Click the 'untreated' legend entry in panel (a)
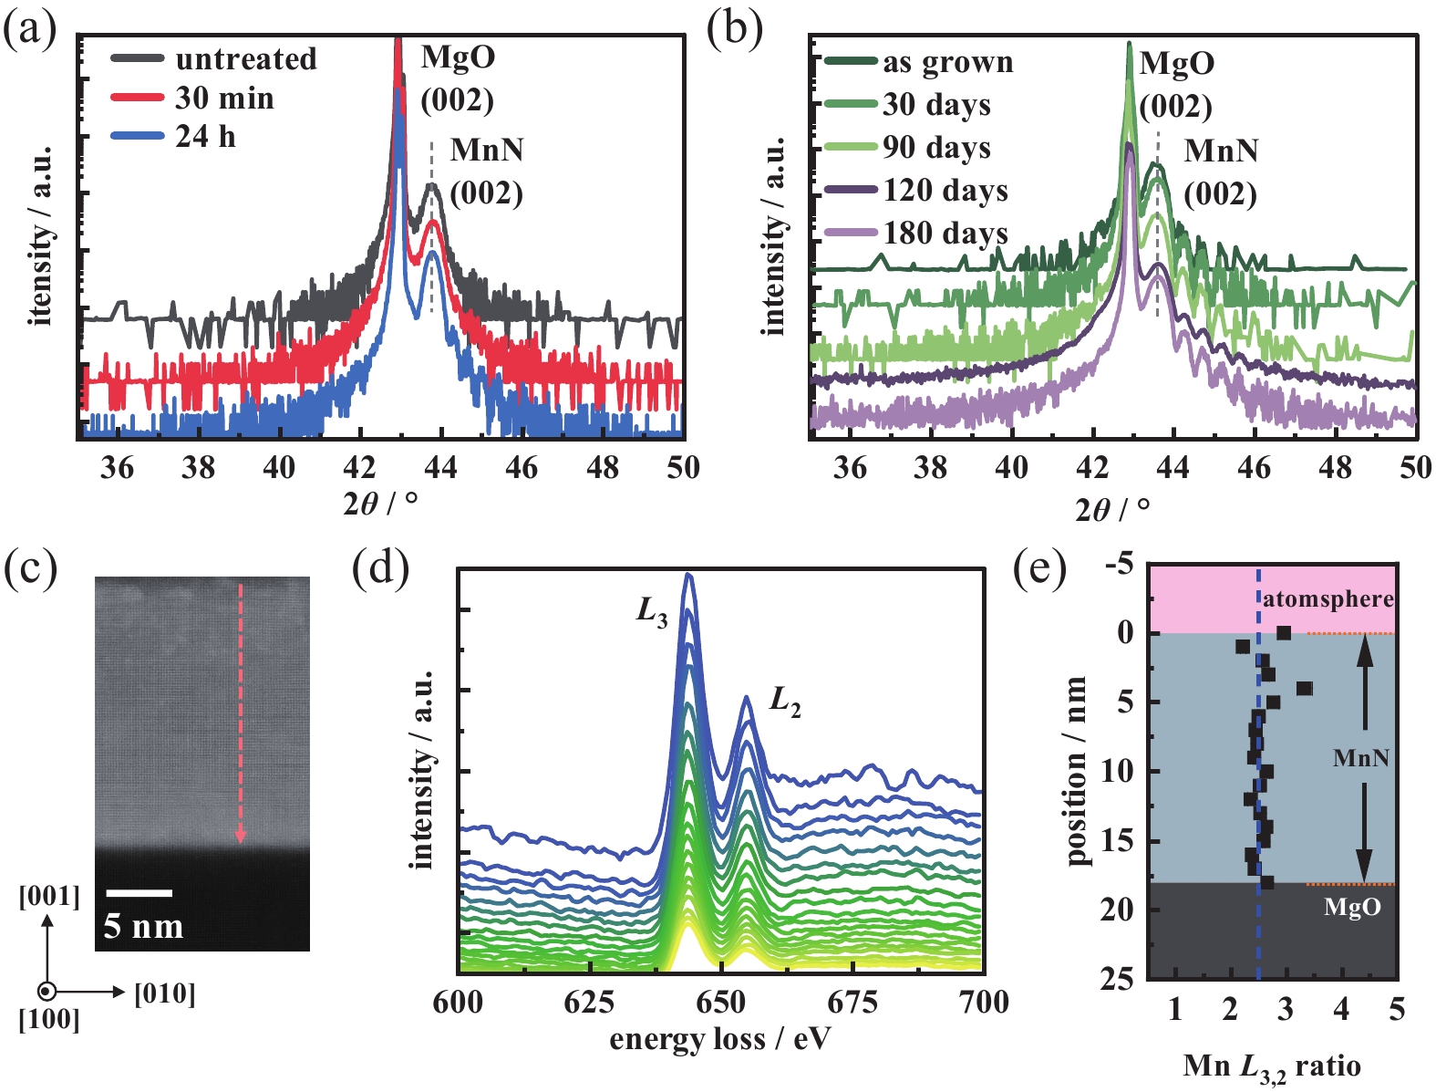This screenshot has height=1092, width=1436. coord(245,59)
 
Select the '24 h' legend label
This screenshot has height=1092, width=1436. coord(205,137)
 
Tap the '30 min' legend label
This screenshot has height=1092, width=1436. coord(224,99)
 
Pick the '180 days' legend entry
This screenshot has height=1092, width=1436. coord(945,234)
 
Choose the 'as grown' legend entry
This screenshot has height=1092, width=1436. coord(947,63)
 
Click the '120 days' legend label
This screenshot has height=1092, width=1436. coord(945,191)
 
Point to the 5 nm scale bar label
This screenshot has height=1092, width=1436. coord(143,926)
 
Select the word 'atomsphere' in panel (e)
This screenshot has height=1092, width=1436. coord(1328,599)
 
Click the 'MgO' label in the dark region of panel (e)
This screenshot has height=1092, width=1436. coord(1352,907)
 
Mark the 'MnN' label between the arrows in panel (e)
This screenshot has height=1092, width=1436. coord(1361,757)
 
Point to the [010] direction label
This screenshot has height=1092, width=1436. coord(165,993)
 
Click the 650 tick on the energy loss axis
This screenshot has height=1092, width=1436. coord(721,1003)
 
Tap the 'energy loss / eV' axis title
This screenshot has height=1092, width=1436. coord(720,1040)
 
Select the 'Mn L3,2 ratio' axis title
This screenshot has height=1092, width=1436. coord(1272,1066)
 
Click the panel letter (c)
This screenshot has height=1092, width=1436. coord(29,568)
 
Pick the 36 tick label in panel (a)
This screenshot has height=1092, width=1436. coord(117,468)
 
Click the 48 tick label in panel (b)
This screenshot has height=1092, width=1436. coord(1336,468)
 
